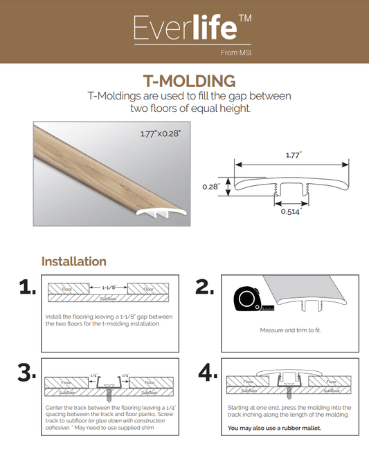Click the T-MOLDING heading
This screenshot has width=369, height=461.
pos(189,81)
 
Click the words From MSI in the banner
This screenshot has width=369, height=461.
pos(236,53)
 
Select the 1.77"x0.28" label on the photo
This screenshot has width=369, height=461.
pos(160,134)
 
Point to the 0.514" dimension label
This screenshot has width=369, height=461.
pos(291,211)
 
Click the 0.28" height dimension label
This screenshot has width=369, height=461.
pos(211,187)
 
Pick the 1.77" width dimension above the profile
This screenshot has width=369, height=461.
pos(294,155)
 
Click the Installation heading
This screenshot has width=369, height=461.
pos(74,261)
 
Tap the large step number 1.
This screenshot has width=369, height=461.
pos(28,287)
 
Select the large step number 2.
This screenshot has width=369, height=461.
pos(204,287)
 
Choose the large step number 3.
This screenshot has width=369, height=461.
pos(27,373)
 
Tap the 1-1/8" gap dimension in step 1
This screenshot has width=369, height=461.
pos(109,288)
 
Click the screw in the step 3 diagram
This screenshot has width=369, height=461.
pos(109,391)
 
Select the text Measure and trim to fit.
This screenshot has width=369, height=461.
pos(290,330)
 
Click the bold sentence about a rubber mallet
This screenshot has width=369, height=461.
pos(274,428)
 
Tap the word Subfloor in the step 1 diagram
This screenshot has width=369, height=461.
pos(109,299)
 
